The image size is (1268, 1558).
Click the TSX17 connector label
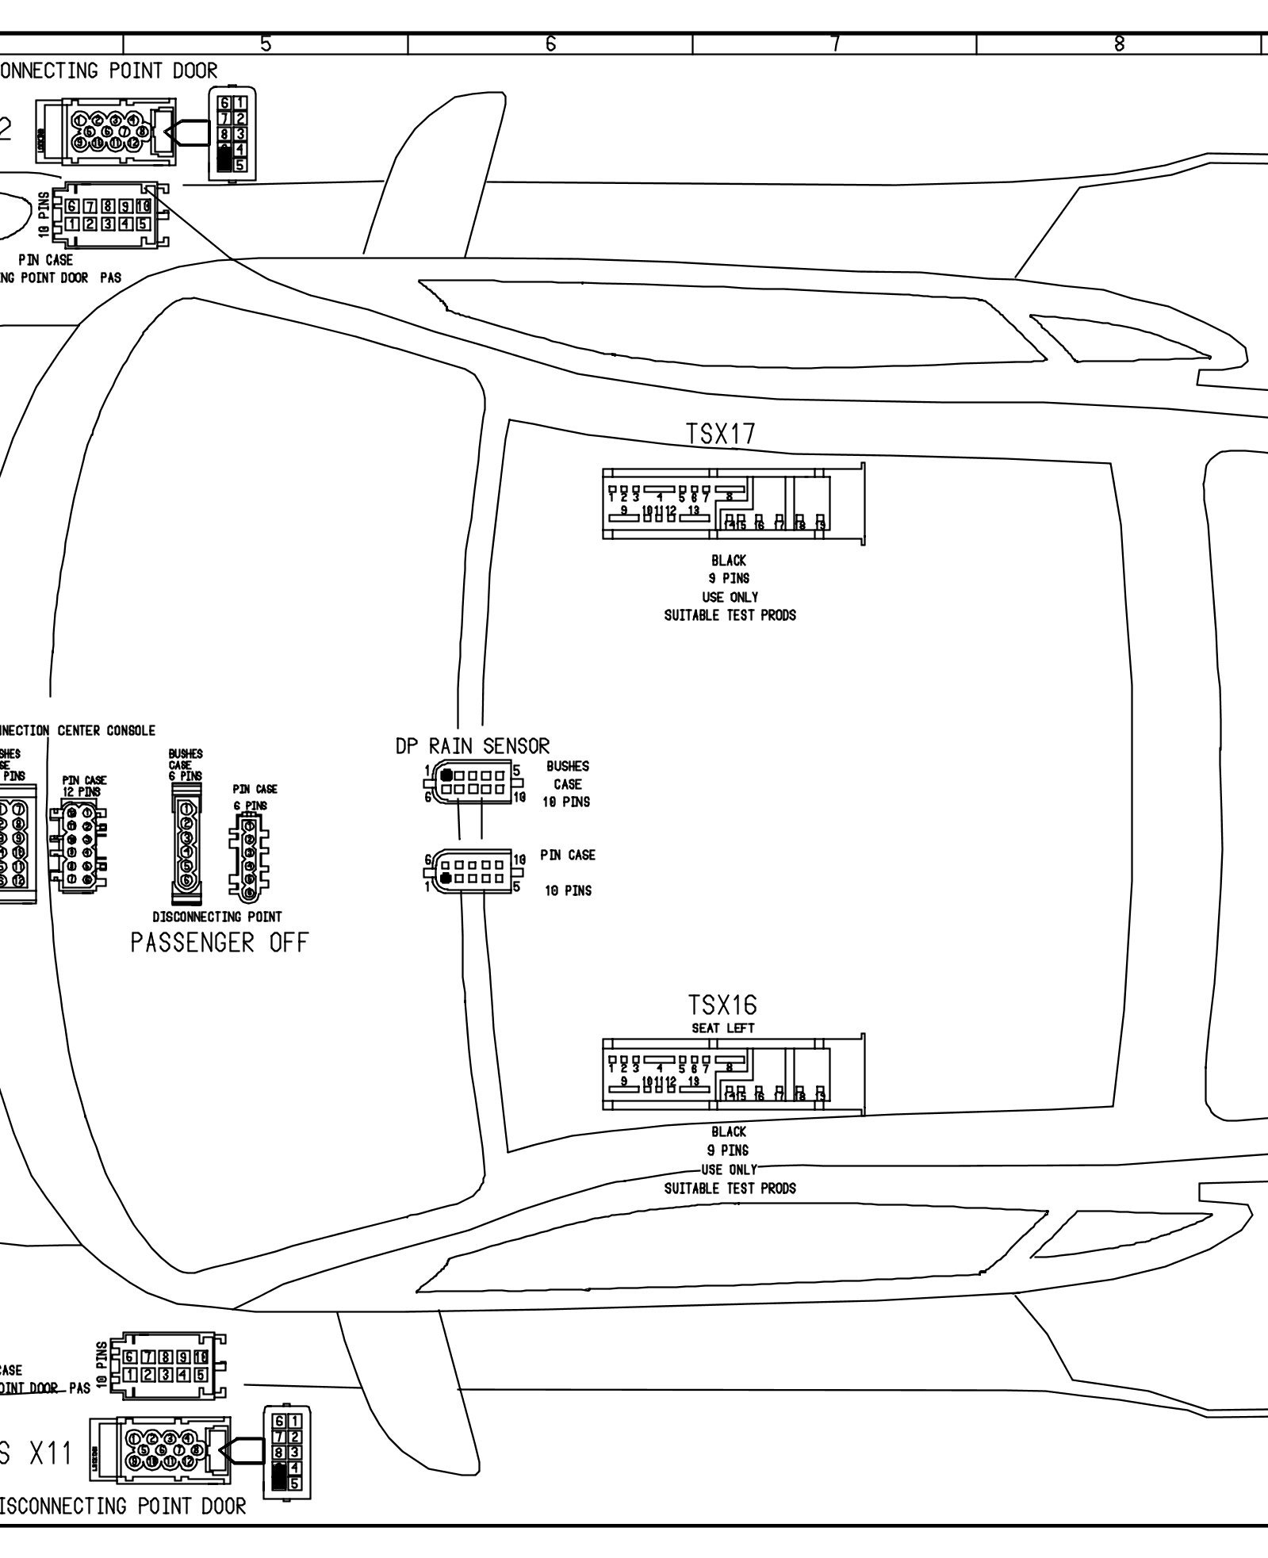click(721, 434)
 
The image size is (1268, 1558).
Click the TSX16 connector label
click(722, 1005)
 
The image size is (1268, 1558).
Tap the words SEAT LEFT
click(724, 1028)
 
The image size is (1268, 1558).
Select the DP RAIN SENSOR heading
click(473, 746)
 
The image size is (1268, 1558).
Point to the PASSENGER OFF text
click(220, 944)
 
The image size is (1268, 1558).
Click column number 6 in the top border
click(550, 45)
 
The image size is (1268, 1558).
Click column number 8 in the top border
click(1119, 45)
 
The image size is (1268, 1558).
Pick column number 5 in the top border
click(266, 45)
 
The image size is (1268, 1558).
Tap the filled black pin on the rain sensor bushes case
click(446, 775)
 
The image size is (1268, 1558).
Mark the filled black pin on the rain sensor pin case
click(446, 878)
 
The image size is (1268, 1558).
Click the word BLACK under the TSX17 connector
click(729, 561)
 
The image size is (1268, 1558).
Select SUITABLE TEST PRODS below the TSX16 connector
click(730, 1189)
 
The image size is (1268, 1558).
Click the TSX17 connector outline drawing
click(733, 503)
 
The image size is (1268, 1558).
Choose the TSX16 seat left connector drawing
click(733, 1074)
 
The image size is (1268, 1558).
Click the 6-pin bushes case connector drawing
click(186, 844)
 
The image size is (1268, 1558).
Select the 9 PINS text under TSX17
click(729, 579)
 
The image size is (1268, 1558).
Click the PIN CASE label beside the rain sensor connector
click(568, 856)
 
